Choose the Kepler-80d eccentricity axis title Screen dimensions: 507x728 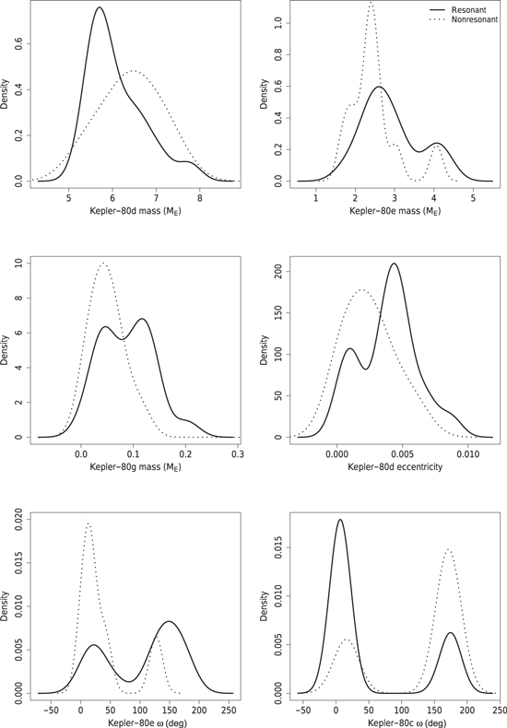[x=395, y=466]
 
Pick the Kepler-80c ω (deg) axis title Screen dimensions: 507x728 [x=401, y=722]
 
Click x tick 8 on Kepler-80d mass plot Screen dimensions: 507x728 [x=200, y=196]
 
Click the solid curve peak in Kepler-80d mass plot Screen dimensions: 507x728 [x=100, y=7]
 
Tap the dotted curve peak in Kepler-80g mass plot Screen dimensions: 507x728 [x=103, y=264]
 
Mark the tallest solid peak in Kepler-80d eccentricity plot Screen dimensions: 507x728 [x=395, y=264]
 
